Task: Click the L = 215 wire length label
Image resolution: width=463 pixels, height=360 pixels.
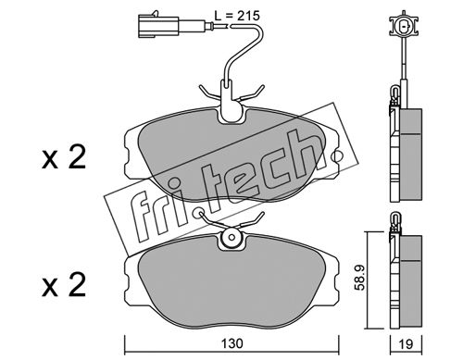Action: point(237,16)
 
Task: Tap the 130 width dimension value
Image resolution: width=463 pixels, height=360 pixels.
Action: point(232,343)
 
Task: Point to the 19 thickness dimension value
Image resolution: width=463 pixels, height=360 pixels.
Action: point(407,344)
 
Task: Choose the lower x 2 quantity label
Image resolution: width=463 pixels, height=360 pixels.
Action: point(64,285)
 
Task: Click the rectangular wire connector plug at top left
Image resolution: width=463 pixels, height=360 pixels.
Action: point(158,26)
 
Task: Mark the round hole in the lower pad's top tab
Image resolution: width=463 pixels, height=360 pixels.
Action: point(231,238)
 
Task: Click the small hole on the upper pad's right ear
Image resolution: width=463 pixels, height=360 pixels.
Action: point(335,155)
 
